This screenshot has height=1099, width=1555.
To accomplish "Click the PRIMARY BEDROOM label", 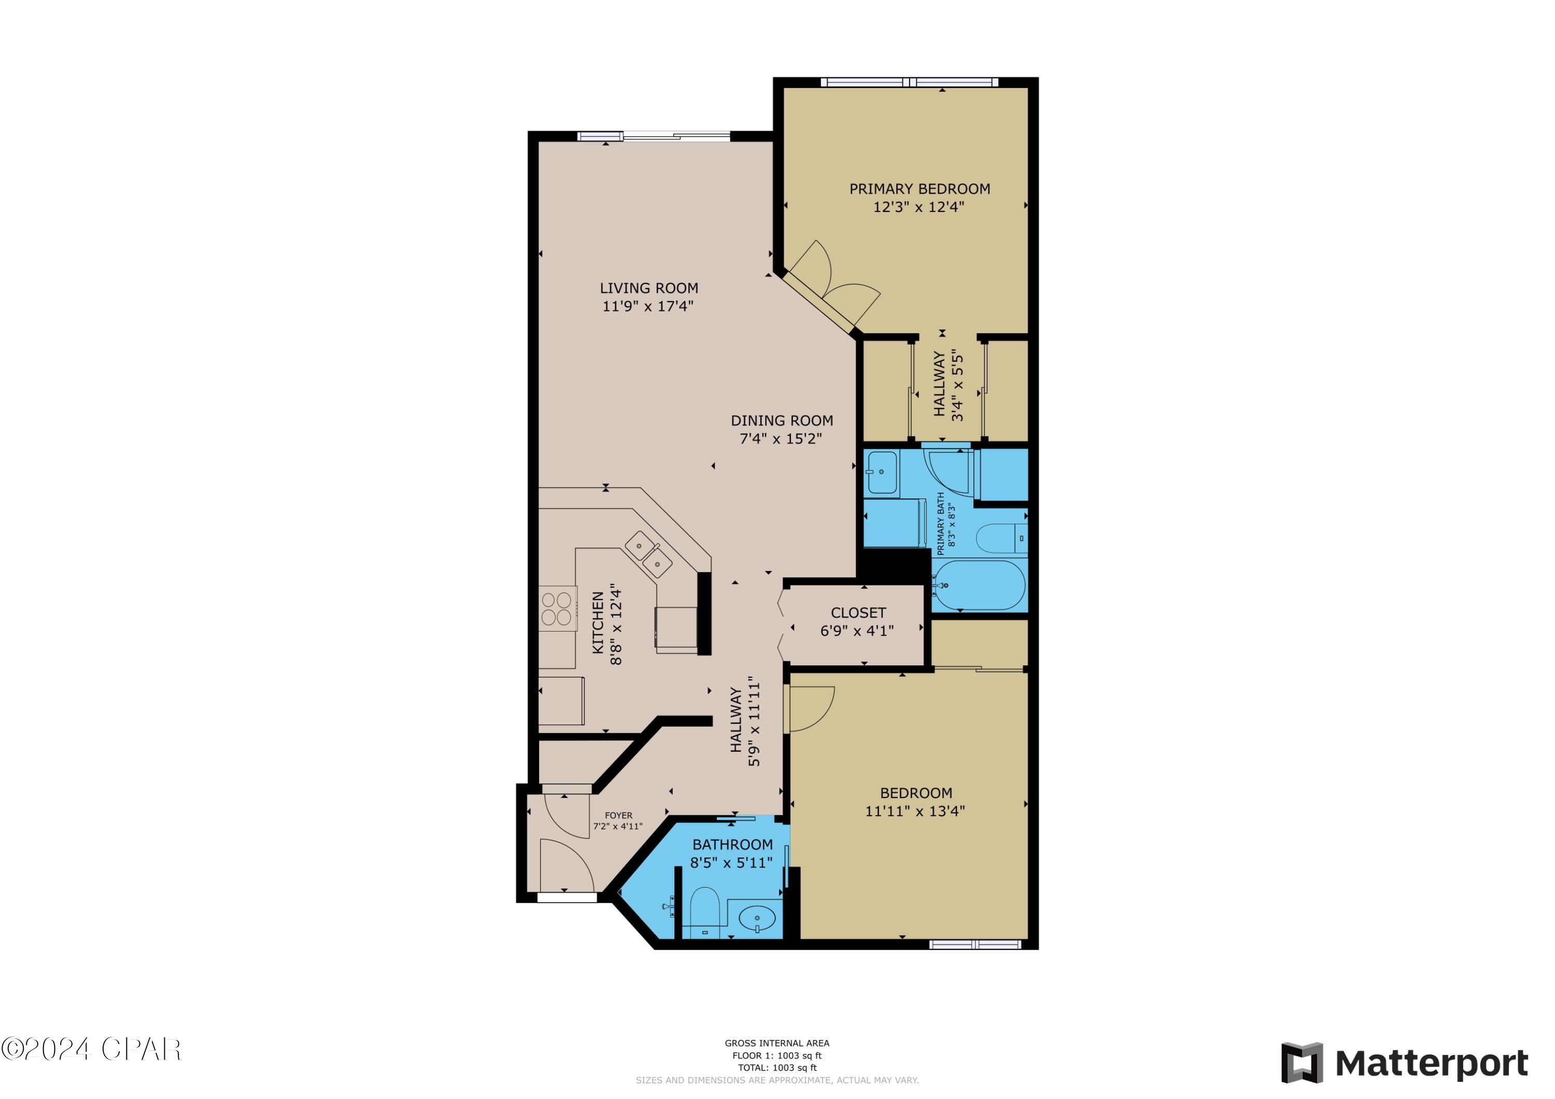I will tap(919, 189).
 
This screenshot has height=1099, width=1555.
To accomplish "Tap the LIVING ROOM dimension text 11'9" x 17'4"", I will tap(647, 306).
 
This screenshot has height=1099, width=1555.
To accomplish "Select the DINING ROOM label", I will tap(782, 421).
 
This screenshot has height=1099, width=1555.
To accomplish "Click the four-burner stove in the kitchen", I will tap(557, 608).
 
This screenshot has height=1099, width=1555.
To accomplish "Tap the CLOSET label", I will tap(857, 613).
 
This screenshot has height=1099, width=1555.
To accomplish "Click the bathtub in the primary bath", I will tap(979, 585).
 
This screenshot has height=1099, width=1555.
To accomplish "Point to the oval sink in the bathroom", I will tap(756, 919).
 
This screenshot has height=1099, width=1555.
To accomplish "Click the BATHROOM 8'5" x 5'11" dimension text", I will tap(731, 863).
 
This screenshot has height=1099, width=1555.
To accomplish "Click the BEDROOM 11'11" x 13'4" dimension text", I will tap(914, 810).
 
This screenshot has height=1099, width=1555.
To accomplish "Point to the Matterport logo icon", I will tap(1302, 1063).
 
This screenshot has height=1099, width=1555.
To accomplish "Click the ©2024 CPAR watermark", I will tap(91, 1050).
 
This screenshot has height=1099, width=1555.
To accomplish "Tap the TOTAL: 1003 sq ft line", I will tap(777, 1068).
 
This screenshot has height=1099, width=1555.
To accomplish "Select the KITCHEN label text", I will tap(598, 623).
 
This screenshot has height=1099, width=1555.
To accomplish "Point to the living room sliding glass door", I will tap(654, 136).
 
